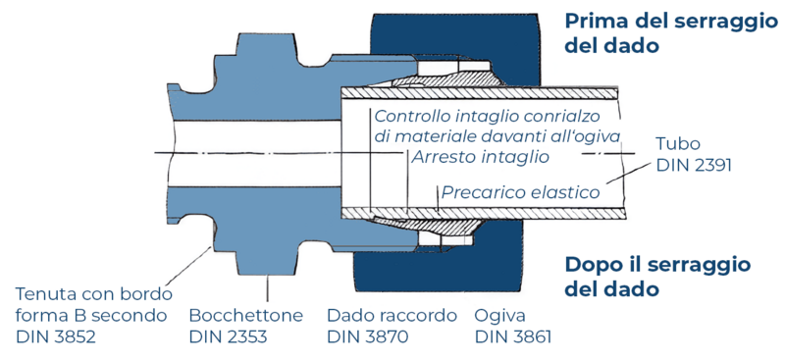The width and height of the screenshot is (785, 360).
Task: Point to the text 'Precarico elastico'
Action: coord(520,193)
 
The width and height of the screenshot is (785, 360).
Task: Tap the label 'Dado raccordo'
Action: coord(392,316)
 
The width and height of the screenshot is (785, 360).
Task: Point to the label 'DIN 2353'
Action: coord(228,337)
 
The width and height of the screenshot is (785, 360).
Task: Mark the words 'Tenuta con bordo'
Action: coord(94,294)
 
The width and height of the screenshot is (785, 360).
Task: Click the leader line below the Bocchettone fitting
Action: coord(267,289)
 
